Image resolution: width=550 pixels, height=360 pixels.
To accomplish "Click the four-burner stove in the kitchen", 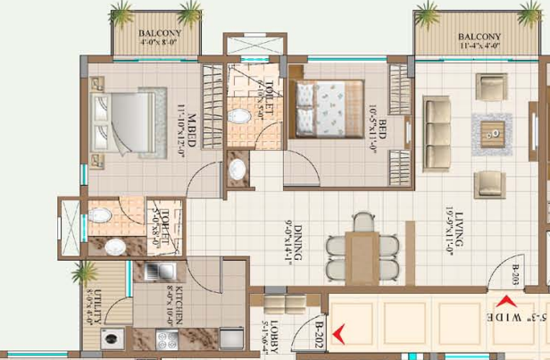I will [166, 339].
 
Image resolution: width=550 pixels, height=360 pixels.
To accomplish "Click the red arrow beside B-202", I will [337, 339].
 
